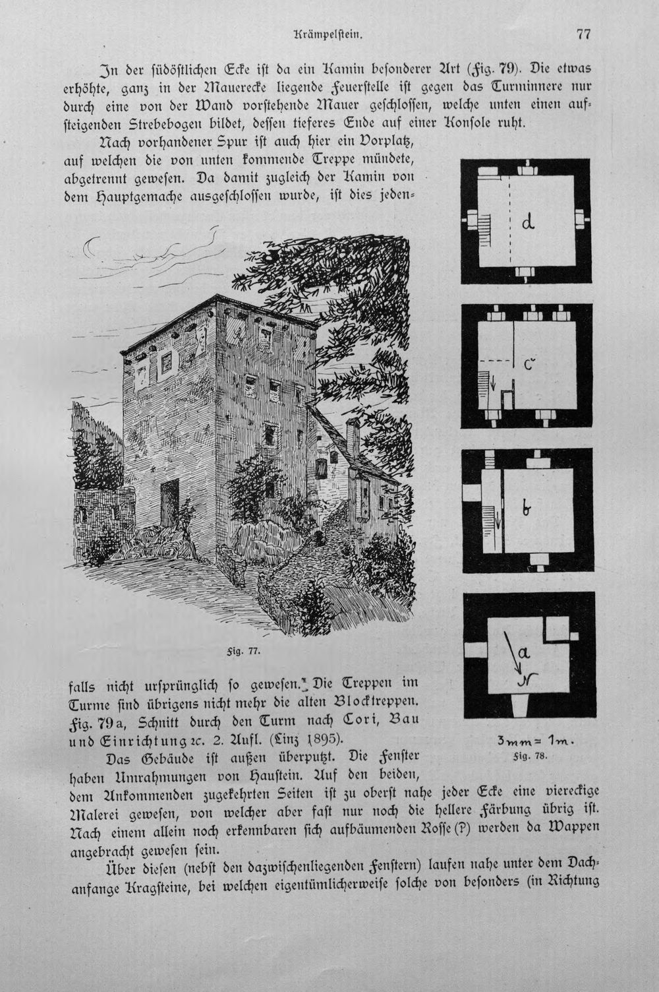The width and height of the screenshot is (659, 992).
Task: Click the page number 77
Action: (583, 34)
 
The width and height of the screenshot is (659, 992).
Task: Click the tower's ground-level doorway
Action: (170, 503)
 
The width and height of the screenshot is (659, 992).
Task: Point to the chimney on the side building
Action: (353, 439)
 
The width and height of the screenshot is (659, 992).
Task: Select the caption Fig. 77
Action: (242, 651)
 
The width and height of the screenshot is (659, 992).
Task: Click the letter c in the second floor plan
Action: (529, 365)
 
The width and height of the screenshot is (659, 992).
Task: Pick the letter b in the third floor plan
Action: (527, 509)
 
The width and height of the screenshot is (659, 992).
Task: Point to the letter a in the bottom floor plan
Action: (523, 652)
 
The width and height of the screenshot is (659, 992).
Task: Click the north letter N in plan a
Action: (527, 679)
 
